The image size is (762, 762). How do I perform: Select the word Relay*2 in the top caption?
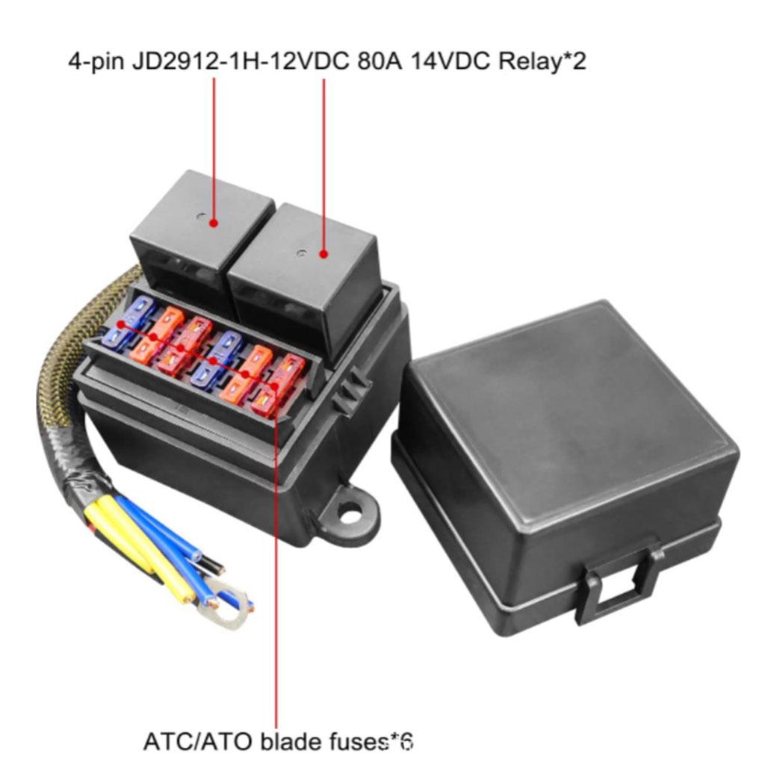pyautogui.click(x=542, y=61)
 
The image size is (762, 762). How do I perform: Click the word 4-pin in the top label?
pyautogui.click(x=98, y=61)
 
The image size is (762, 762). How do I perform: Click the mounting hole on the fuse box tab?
pyautogui.click(x=349, y=512)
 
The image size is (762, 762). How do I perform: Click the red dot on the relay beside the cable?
pyautogui.click(x=214, y=222)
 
